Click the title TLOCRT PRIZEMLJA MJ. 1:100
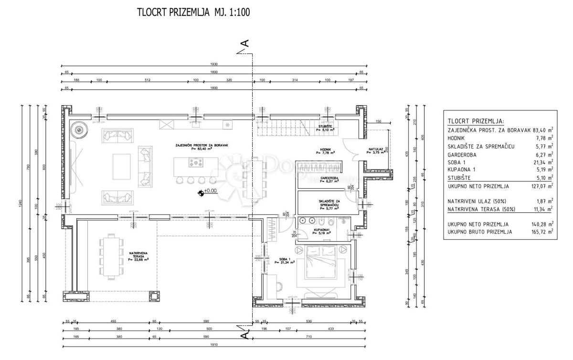tap(193, 12)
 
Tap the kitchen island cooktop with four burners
tap(196, 163)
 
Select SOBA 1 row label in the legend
tap(458, 162)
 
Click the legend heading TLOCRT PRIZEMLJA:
tap(476, 121)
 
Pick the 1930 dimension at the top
tap(213, 64)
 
